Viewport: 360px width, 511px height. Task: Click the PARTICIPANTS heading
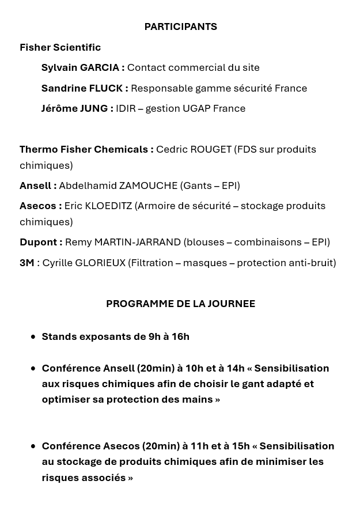pos(180,27)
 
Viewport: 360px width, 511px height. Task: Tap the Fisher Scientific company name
pos(60,47)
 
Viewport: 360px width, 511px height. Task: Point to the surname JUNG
pos(94,108)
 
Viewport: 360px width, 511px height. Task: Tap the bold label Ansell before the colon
pos(36,186)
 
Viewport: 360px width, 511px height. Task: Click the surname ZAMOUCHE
pos(148,186)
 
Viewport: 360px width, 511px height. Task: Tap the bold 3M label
pos(26,263)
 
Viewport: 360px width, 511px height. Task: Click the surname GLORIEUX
pos(100,263)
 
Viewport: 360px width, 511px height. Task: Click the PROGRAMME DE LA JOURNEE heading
pos(180,304)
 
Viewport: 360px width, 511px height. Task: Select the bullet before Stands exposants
pos(33,336)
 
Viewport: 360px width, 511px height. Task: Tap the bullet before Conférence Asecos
pos(33,446)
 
